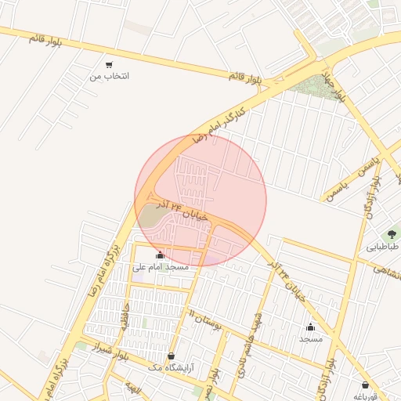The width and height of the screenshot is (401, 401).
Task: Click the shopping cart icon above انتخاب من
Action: point(109,64)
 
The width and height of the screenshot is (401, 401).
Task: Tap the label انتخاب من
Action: point(109,76)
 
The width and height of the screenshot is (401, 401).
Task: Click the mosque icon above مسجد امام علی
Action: point(161,255)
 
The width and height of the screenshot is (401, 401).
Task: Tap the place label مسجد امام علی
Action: point(161,267)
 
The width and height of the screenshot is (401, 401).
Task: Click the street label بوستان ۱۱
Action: point(206,316)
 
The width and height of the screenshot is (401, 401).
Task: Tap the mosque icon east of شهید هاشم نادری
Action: point(310,327)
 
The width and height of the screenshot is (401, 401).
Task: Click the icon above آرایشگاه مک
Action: point(172,356)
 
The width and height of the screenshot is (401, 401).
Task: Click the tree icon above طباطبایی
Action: point(390,234)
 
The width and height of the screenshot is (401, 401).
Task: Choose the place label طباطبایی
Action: point(383,247)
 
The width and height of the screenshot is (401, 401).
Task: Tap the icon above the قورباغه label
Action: point(366,385)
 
